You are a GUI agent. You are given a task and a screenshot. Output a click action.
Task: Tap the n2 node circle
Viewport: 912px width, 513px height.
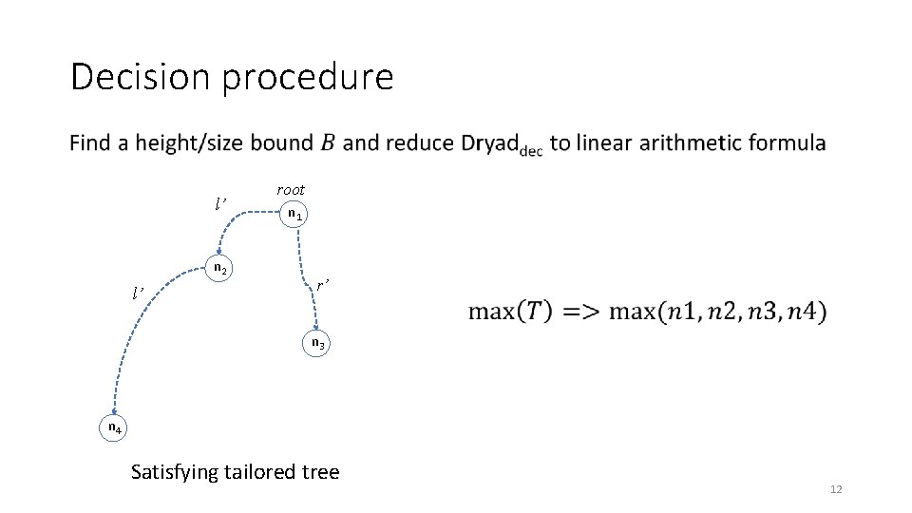point(218,269)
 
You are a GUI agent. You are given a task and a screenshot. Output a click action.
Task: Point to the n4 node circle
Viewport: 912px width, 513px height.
point(113,428)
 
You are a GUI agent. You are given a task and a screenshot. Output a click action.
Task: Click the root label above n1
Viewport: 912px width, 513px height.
point(291,190)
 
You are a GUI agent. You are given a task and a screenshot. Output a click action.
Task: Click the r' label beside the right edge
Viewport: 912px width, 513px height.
point(323,284)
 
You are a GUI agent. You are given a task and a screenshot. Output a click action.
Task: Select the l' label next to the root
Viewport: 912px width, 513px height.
point(220,203)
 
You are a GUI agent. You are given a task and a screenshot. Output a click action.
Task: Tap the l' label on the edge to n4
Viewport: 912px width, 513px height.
point(140,291)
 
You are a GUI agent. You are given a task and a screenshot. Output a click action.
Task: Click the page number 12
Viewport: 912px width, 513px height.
point(836,489)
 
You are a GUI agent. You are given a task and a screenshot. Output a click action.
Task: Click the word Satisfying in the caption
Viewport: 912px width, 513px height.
point(174,472)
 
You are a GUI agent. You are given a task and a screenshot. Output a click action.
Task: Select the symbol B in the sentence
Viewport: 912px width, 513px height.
point(327,143)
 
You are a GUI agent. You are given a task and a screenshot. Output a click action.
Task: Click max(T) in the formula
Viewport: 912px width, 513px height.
point(504,311)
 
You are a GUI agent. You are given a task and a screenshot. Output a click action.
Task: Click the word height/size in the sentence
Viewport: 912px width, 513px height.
point(223,143)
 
